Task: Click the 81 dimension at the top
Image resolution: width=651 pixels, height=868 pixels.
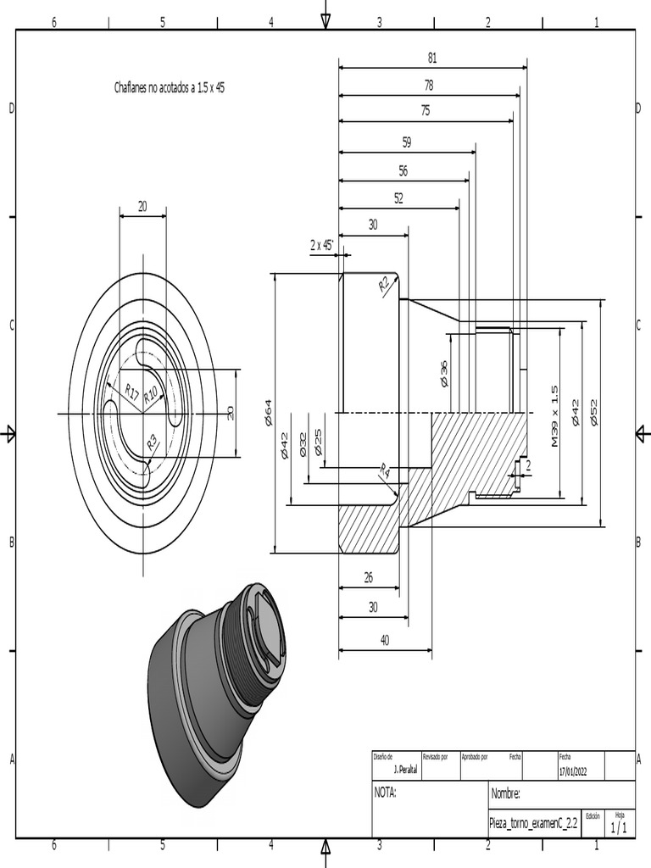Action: pyautogui.click(x=432, y=58)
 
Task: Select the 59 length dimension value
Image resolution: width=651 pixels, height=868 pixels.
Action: pyautogui.click(x=407, y=142)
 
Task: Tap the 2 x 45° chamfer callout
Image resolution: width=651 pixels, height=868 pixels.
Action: pyautogui.click(x=322, y=245)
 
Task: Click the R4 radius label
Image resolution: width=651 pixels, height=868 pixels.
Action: pyautogui.click(x=385, y=470)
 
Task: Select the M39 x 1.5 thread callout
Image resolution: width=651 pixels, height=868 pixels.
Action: pyautogui.click(x=554, y=416)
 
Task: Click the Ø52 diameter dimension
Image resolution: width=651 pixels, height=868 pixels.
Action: pyautogui.click(x=594, y=411)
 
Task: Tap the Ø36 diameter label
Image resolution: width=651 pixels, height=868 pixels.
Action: pyautogui.click(x=443, y=374)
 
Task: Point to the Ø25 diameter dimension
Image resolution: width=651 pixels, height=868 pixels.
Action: pyautogui.click(x=318, y=442)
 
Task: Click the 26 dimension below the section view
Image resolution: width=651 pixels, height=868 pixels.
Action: pyautogui.click(x=368, y=577)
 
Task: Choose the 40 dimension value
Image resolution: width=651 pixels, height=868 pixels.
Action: pyautogui.click(x=385, y=640)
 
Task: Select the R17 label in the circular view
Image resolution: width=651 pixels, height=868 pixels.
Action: pyautogui.click(x=131, y=391)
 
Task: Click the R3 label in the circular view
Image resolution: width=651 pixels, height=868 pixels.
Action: pyautogui.click(x=153, y=441)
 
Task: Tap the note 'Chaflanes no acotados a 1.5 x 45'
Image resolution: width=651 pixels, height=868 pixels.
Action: pyautogui.click(x=170, y=87)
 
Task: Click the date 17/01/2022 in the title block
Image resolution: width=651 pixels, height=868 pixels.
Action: pyautogui.click(x=579, y=771)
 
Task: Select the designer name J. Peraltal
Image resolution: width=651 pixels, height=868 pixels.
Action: pyautogui.click(x=408, y=771)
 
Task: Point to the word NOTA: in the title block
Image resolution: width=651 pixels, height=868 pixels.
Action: pyautogui.click(x=386, y=793)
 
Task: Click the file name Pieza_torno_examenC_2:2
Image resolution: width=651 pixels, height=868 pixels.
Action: pyautogui.click(x=533, y=822)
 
